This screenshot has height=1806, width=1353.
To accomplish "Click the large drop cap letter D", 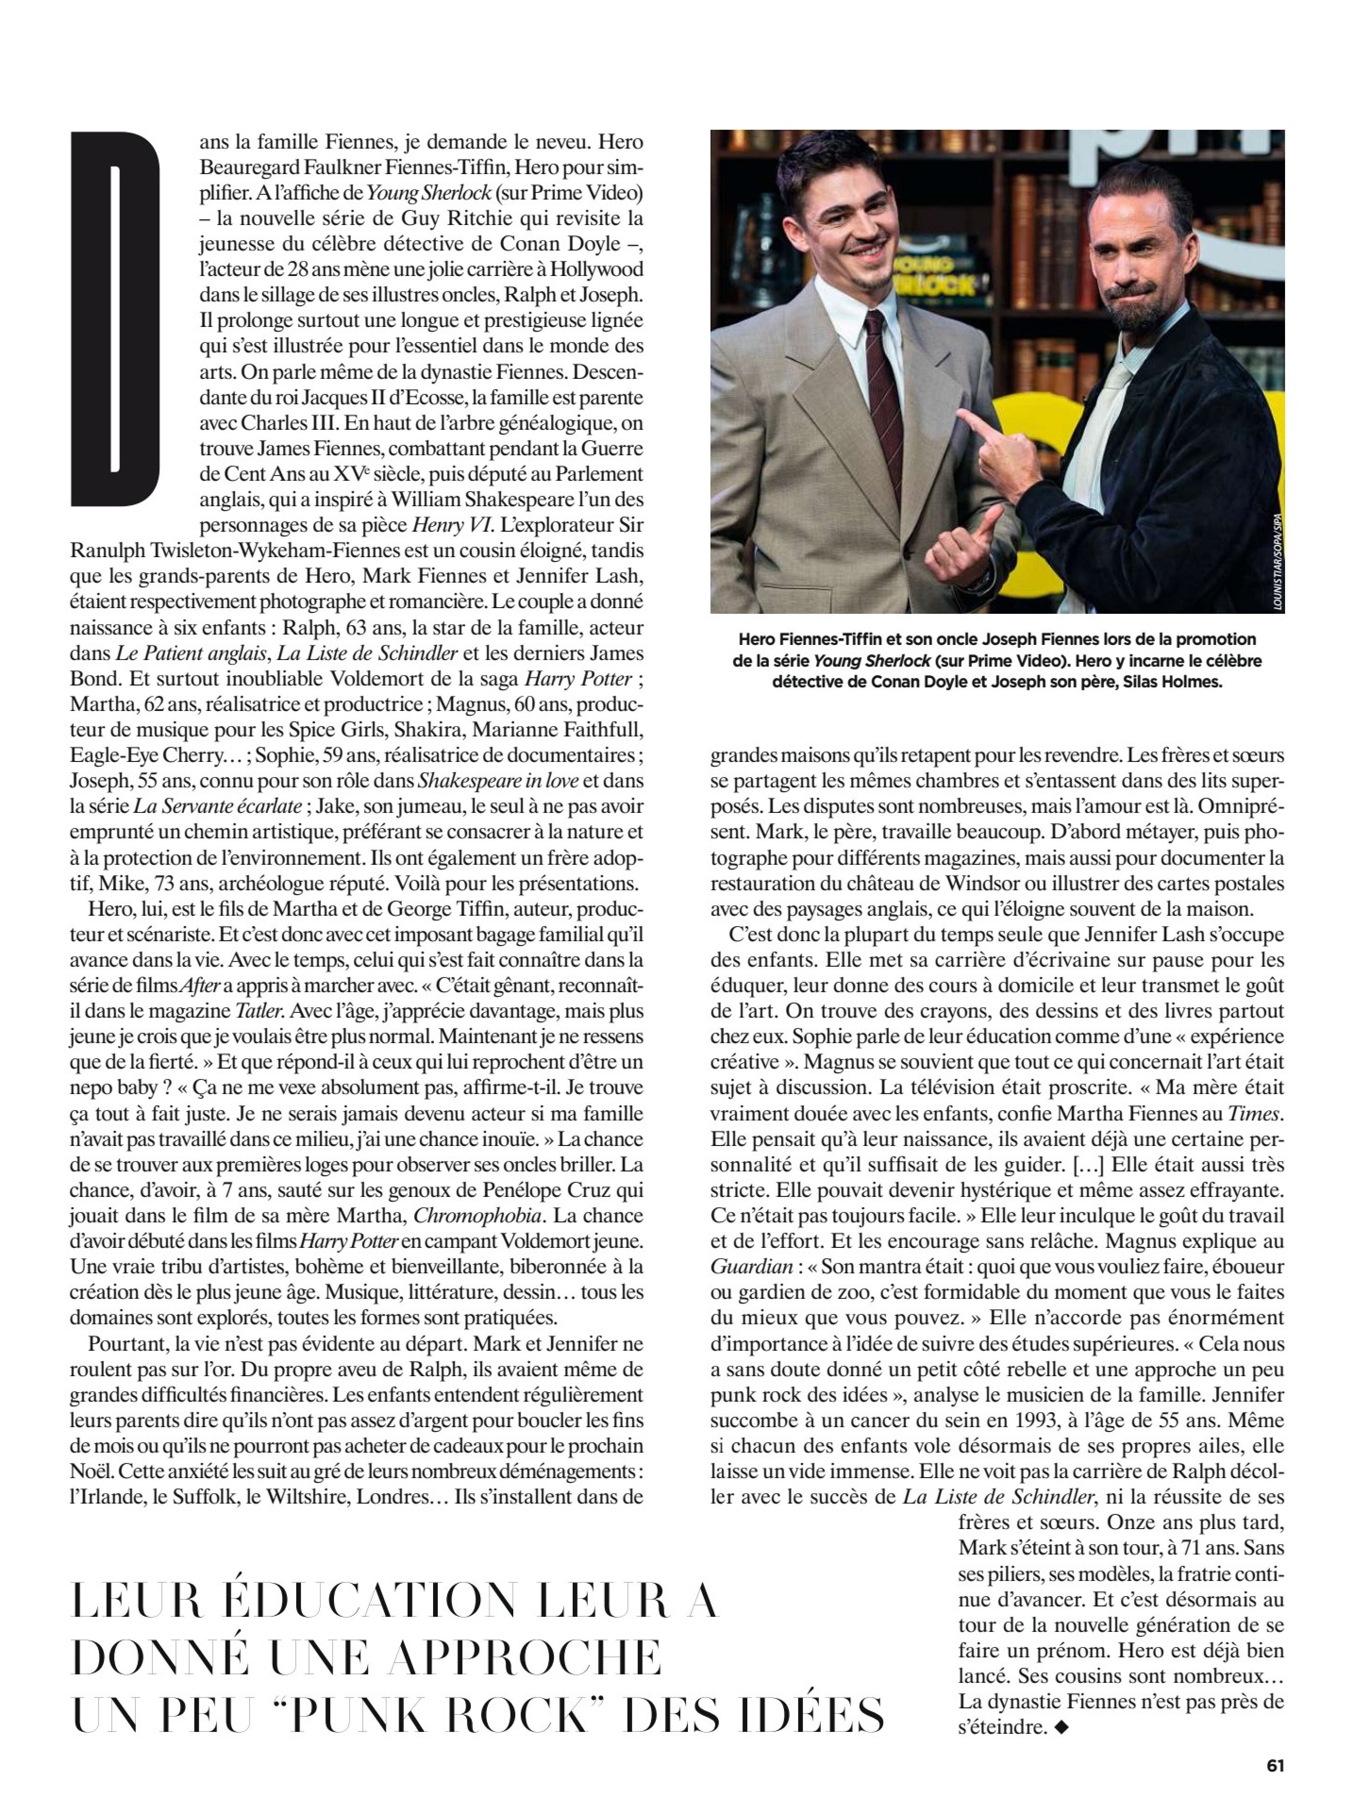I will click(116, 318).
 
